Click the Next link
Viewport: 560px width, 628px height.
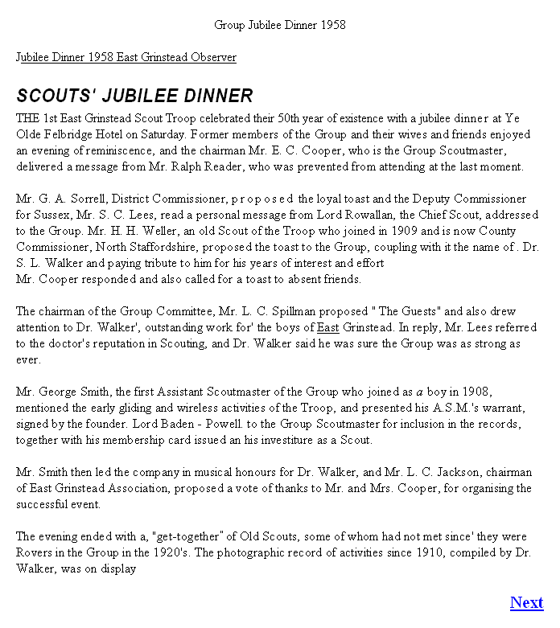tap(526, 602)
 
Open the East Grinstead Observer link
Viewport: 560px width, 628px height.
tap(126, 57)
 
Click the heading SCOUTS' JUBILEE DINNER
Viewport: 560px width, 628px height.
tap(134, 96)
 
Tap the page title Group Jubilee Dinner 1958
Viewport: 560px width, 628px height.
tap(280, 25)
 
